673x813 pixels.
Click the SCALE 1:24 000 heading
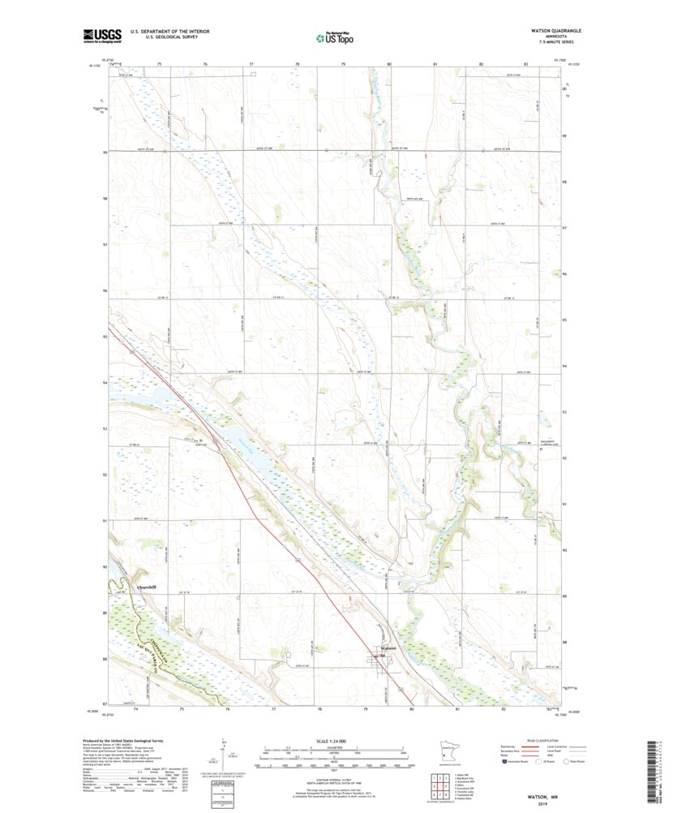tap(334, 742)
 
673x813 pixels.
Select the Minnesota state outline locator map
tap(449, 751)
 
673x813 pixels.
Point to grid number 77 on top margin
tap(251, 63)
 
